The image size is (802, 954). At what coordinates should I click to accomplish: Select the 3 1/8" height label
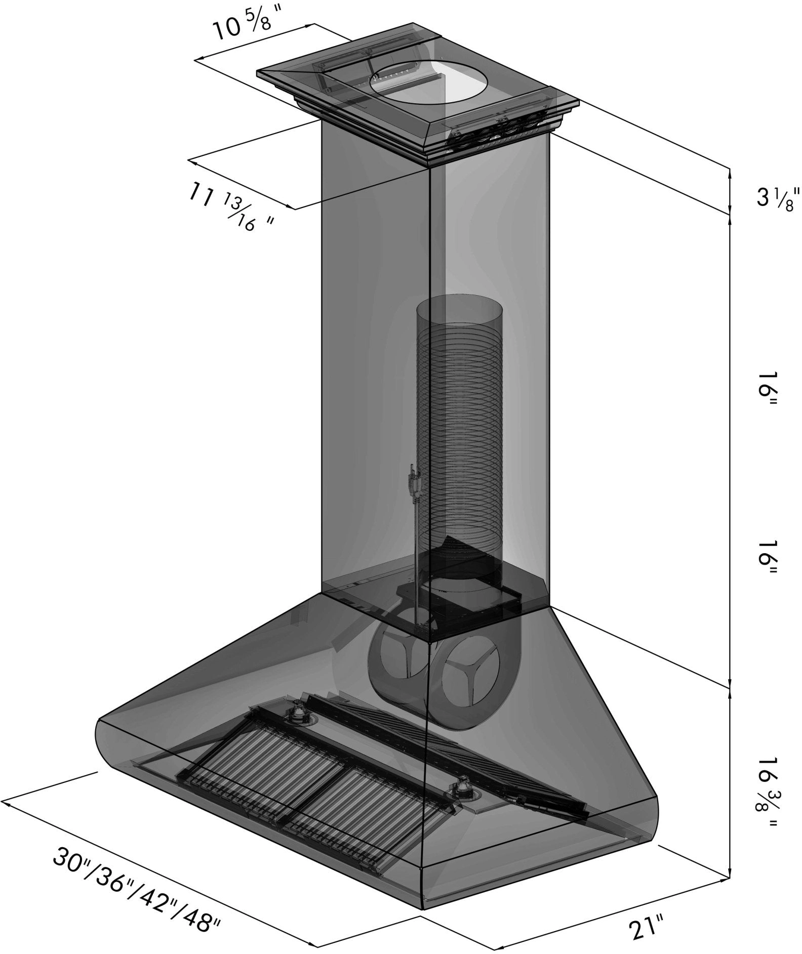(774, 197)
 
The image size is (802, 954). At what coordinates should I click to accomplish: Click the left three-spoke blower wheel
(396, 656)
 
